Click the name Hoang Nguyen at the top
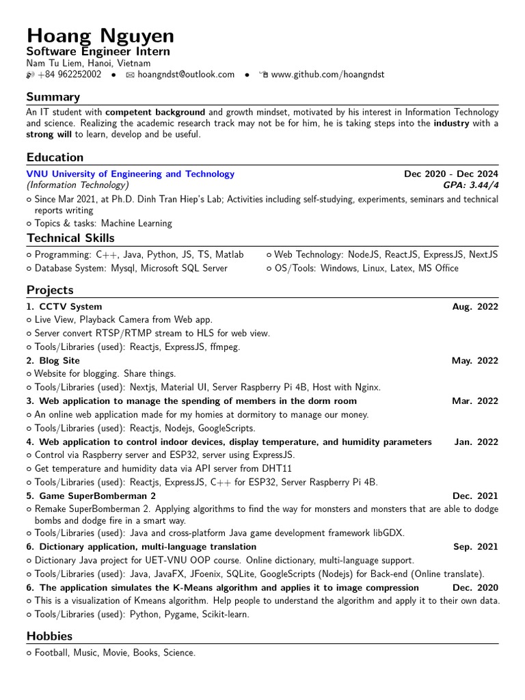coord(100,36)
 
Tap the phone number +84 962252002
coord(69,75)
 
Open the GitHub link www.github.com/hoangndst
coord(327,75)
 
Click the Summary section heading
coord(53,97)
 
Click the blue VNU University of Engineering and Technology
coord(130,174)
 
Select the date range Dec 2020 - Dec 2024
coord(451,174)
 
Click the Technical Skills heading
coord(70,238)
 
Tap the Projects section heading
coord(50,290)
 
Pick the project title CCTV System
coord(70,307)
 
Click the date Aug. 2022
coord(475,307)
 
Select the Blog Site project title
coord(59,361)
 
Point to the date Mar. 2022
coord(475,401)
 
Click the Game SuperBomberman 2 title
coord(97,496)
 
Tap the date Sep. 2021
coord(476,547)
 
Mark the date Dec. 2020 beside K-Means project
coord(475,588)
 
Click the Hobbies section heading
coord(50,636)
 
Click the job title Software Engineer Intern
coord(98,52)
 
